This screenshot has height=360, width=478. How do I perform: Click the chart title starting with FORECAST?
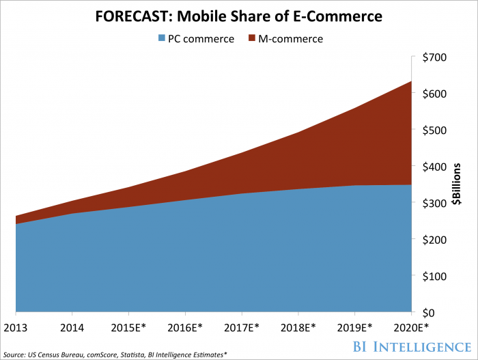pyautogui.click(x=239, y=14)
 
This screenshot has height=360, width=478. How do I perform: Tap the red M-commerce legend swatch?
pyautogui.click(x=255, y=39)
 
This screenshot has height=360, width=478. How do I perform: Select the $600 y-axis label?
pyautogui.click(x=435, y=94)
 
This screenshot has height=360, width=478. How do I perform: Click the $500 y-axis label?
pyautogui.click(x=435, y=130)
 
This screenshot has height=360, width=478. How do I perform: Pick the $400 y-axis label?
pyautogui.click(x=435, y=167)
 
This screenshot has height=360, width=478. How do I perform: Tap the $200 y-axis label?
pyautogui.click(x=435, y=240)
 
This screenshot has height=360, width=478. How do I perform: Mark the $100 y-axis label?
pyautogui.click(x=435, y=276)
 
